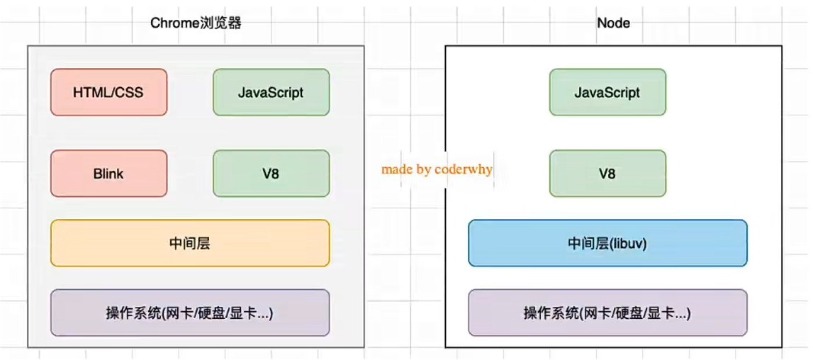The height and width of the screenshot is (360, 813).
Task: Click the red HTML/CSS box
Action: [x=108, y=92]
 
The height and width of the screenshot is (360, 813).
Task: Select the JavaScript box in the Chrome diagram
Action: [x=271, y=92]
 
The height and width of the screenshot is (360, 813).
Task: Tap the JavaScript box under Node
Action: [x=607, y=92]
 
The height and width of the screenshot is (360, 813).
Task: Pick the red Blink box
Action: [x=108, y=174]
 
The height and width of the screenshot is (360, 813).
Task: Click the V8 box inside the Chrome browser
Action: [x=271, y=174]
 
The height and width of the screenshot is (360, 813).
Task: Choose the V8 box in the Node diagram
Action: [x=607, y=174]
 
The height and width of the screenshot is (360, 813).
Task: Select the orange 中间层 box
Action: [x=190, y=243]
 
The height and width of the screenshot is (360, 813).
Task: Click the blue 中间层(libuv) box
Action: [x=607, y=243]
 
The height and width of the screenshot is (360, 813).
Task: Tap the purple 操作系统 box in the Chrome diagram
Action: [x=190, y=313]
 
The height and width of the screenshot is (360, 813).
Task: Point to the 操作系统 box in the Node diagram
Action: [x=607, y=313]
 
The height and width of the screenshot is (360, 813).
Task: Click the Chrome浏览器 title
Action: [x=196, y=23]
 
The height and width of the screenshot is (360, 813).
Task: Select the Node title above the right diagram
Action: [x=613, y=23]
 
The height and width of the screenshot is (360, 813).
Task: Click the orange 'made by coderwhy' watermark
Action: [x=437, y=169]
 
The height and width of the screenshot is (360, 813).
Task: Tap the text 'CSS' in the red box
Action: [x=130, y=92]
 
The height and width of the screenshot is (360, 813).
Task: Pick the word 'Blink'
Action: [x=108, y=174]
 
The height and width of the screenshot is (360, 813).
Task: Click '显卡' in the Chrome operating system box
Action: [x=243, y=313]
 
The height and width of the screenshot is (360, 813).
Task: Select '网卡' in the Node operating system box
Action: [x=594, y=313]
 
